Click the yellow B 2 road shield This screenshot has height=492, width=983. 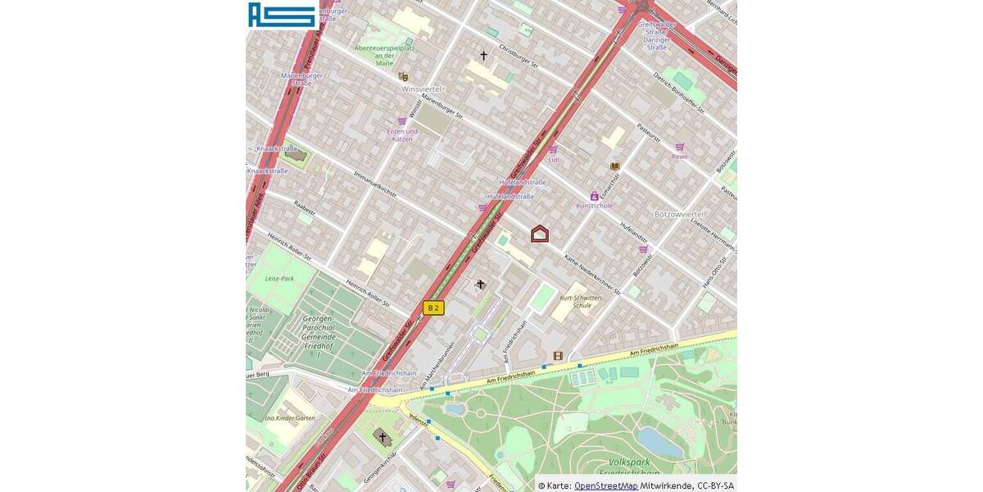[x=433, y=307]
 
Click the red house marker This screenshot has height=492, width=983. [x=540, y=234]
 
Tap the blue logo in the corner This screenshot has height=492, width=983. [x=282, y=15]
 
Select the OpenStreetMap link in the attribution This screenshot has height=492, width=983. [x=605, y=485]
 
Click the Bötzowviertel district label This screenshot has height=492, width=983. [x=680, y=213]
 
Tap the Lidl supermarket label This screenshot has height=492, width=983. [x=555, y=160]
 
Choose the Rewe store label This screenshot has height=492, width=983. [x=680, y=156]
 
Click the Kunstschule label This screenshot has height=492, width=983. [x=594, y=206]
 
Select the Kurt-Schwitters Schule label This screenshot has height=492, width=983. [x=576, y=301]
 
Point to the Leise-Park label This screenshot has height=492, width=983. [x=279, y=279]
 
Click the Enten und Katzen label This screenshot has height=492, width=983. [x=402, y=135]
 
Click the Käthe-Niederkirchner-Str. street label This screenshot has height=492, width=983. [x=595, y=274]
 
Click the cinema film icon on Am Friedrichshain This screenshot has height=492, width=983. [x=558, y=356]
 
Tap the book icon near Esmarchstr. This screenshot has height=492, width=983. [x=614, y=166]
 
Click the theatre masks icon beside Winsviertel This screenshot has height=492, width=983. [x=403, y=76]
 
